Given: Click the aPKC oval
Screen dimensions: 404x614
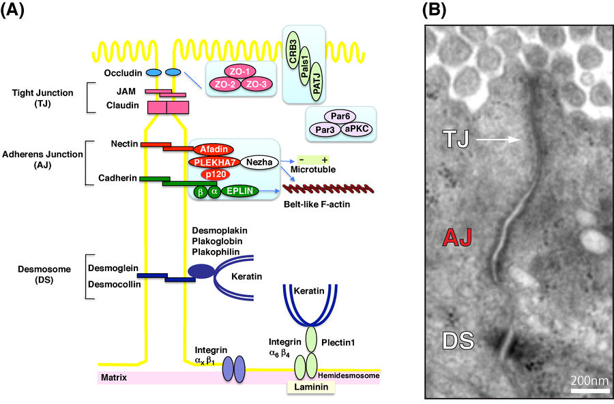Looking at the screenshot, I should pos(360,128).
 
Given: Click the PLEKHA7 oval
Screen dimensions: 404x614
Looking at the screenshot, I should pos(211,162).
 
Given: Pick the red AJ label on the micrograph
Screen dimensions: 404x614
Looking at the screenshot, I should pos(458,237).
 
